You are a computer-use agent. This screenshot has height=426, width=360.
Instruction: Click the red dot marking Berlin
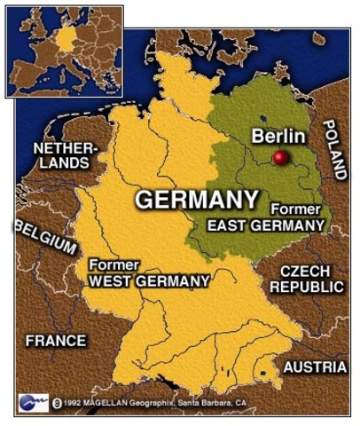point(281,158)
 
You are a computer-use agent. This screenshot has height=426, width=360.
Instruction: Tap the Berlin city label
point(278,136)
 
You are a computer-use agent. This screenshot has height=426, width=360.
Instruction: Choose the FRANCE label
point(56,340)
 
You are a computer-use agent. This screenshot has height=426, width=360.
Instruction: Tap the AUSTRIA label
point(315,366)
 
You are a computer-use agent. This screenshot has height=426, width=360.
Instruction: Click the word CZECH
point(305,271)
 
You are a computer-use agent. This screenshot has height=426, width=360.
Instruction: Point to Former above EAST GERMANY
point(289,209)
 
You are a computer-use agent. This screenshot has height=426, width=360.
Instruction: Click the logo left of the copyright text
point(32,401)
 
